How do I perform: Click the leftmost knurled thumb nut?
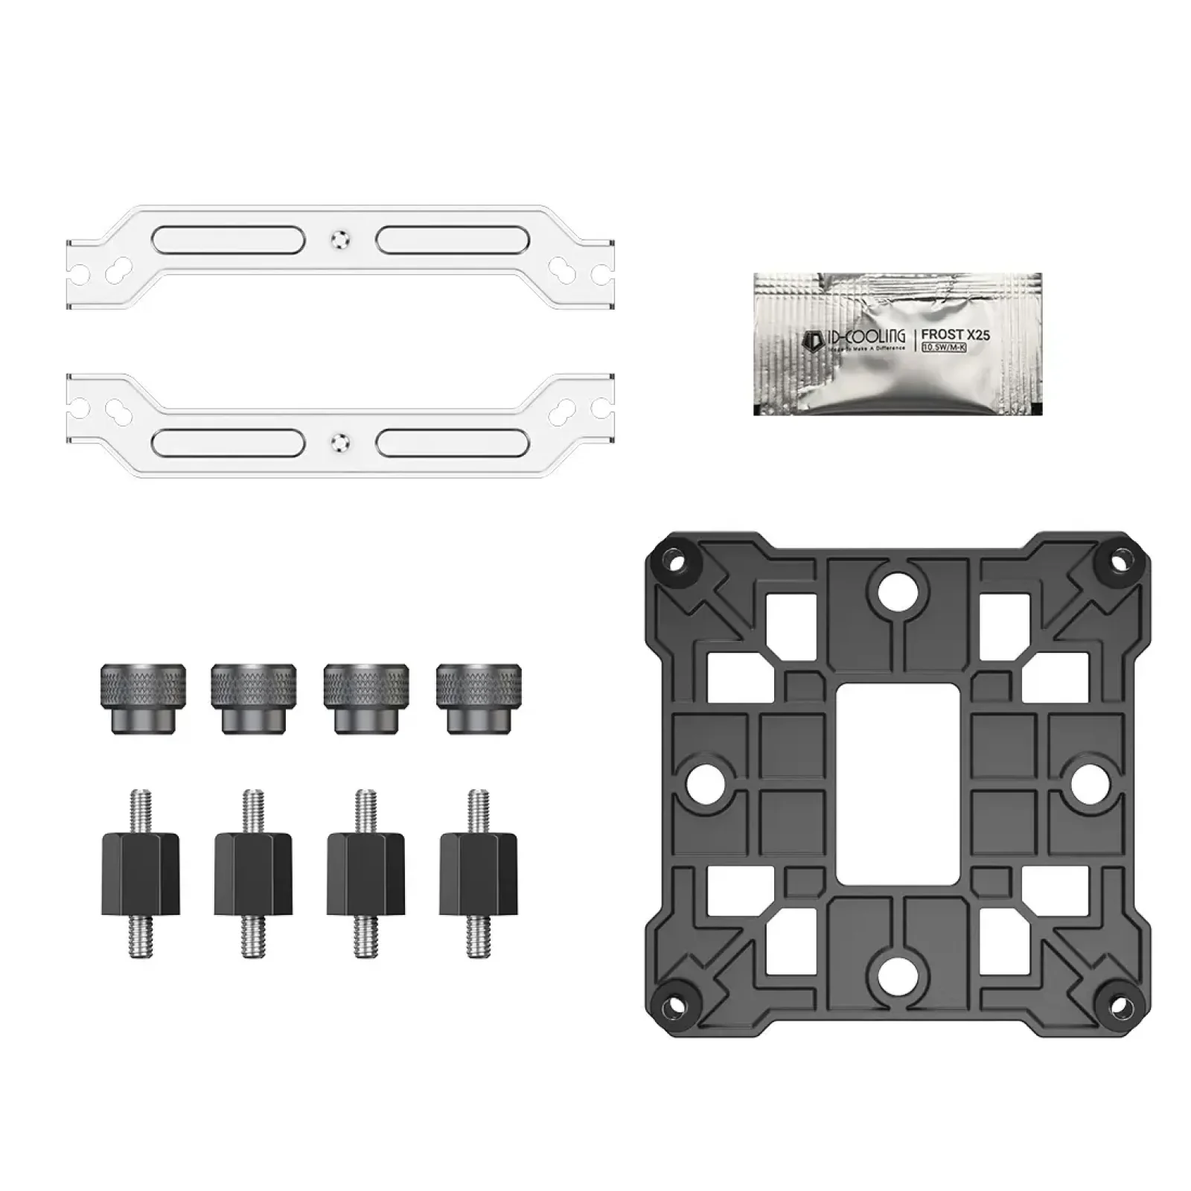click(x=143, y=698)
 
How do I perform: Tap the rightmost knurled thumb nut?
click(x=479, y=698)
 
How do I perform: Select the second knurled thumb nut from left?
click(x=254, y=698)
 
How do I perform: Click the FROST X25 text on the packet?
click(x=955, y=335)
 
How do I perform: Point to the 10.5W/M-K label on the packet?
click(x=943, y=348)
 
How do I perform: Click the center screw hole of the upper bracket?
click(x=340, y=240)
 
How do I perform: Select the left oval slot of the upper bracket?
click(x=228, y=240)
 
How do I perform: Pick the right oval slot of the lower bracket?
click(x=453, y=442)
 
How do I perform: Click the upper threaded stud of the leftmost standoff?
click(x=140, y=810)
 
